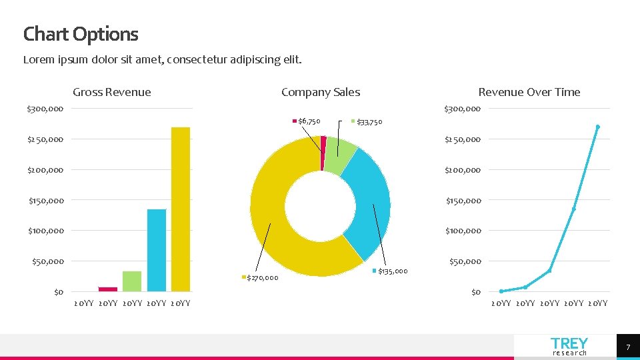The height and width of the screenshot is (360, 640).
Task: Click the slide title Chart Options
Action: [81, 34]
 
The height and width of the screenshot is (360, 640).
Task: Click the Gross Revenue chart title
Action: [112, 92]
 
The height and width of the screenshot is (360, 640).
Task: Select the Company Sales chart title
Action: [321, 92]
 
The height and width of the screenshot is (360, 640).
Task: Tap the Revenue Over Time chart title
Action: [529, 92]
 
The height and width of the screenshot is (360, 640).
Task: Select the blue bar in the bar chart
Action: [156, 250]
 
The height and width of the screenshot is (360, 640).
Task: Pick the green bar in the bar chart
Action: [132, 281]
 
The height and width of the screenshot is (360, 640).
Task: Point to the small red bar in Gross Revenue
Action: [108, 289]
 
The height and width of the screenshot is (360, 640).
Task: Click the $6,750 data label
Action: [309, 121]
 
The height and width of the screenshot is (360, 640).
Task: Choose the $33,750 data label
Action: [369, 122]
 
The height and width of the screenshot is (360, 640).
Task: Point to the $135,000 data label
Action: [393, 271]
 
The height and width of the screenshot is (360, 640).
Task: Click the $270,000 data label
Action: [263, 277]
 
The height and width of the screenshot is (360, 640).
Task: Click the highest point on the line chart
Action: [598, 127]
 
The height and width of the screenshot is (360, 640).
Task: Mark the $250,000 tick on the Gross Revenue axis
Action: [45, 139]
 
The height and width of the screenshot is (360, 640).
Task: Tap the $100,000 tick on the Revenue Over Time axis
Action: [463, 231]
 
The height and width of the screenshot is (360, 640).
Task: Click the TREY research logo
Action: [569, 346]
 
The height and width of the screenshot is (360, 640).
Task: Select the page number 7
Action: [627, 347]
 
